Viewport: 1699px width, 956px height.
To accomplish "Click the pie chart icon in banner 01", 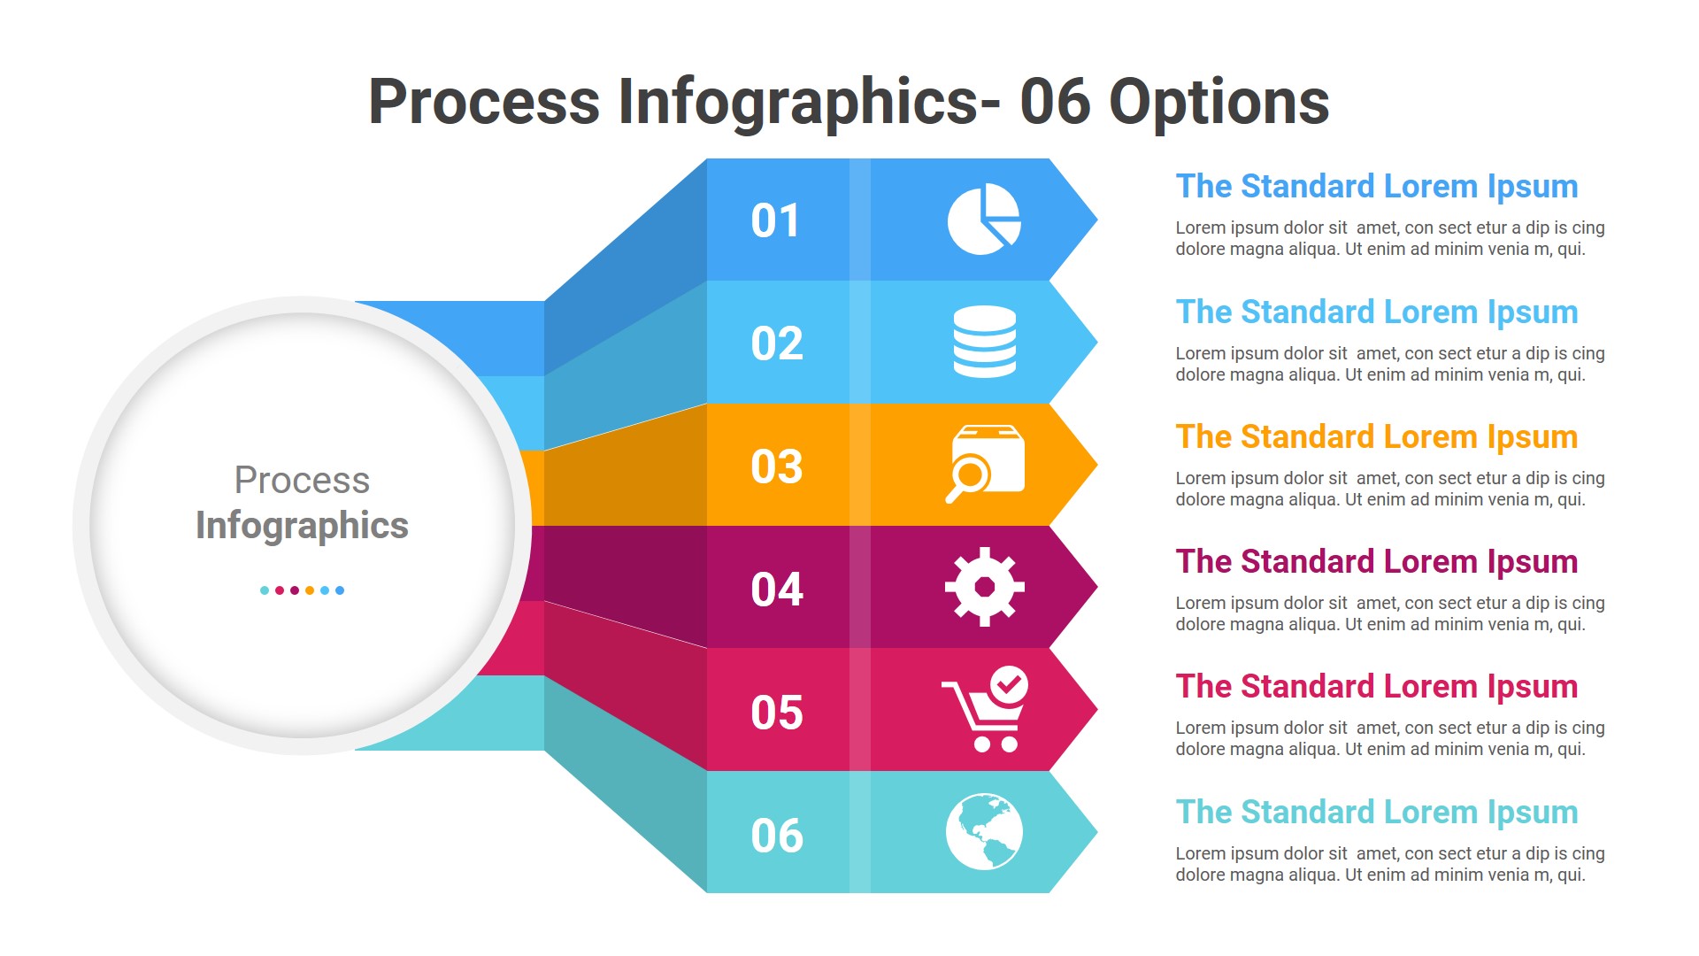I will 983,220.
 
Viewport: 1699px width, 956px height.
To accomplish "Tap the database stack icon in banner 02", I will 984,342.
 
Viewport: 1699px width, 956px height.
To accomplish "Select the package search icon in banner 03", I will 986,463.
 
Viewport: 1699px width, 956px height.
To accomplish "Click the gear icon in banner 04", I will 984,587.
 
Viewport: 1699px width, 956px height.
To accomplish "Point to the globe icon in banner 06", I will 984,832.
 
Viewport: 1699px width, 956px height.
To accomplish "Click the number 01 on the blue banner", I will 775,220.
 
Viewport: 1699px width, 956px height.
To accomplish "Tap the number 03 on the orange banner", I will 776,466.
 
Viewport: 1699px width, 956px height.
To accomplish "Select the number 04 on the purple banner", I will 776,590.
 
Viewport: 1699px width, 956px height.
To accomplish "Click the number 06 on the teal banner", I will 776,836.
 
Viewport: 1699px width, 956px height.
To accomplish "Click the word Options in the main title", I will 1219,103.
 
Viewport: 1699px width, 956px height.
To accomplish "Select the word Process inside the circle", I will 302,480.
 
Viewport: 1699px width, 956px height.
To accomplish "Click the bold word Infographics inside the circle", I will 302,525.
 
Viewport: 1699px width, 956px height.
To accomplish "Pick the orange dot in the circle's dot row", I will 310,590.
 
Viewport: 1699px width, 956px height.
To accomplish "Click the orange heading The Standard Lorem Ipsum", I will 1376,436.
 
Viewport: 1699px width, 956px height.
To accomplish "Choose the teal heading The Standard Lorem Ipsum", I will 1376,812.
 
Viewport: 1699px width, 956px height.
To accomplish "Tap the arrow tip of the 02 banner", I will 1084,342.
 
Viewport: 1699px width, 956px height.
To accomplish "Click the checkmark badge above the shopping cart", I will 1008,684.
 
